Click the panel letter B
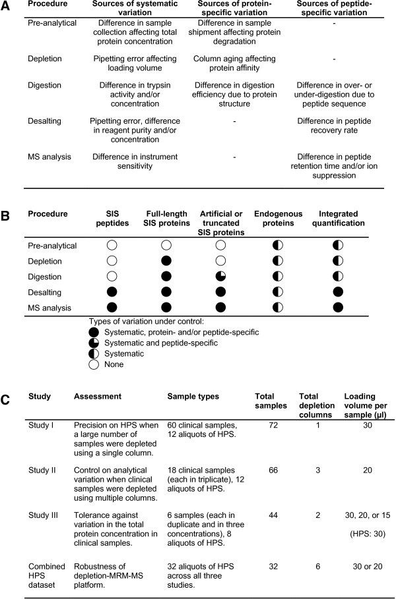[x=8, y=215]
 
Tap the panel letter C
[x=8, y=399]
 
